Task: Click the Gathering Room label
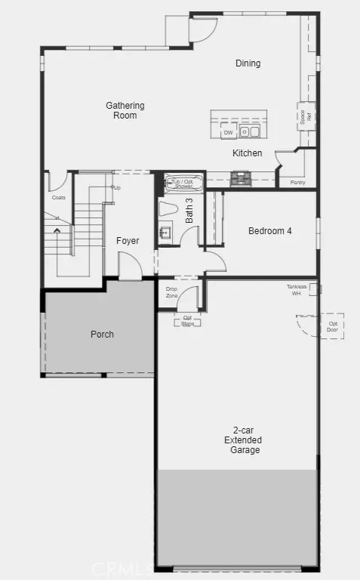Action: coord(125,110)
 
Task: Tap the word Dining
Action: coord(248,63)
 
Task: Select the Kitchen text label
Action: coord(247,153)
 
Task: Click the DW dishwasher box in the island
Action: coord(228,133)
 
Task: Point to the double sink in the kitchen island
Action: coord(250,132)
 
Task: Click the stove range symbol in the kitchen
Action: coord(241,178)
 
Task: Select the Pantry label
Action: coord(297,182)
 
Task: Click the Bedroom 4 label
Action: coord(269,231)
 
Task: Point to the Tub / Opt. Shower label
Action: coord(183,184)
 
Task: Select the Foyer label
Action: coord(128,241)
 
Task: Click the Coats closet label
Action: coord(59,198)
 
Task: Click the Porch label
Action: coord(102,334)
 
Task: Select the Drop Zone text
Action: coord(171,292)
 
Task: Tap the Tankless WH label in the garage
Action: coord(297,289)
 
